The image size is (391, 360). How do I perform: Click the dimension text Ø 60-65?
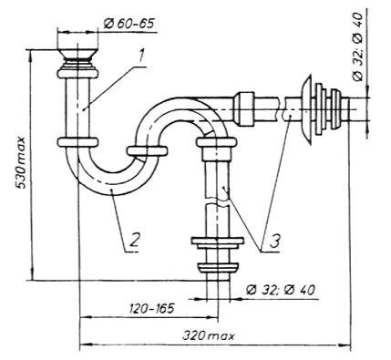[x=129, y=24]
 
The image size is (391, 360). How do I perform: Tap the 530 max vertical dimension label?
[x=20, y=163]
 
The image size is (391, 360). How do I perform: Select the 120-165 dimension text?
[x=152, y=309]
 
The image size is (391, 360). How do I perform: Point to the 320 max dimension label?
[x=209, y=336]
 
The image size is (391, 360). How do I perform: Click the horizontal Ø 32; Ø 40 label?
[x=281, y=290]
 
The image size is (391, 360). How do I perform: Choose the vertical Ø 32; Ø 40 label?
[x=358, y=46]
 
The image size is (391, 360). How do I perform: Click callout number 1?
[x=140, y=57]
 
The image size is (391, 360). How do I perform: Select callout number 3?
[x=275, y=241]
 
